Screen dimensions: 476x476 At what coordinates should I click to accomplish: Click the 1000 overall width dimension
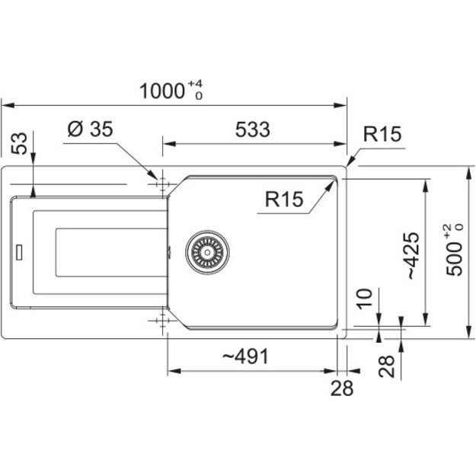(162, 91)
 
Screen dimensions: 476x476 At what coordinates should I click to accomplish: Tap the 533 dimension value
(253, 129)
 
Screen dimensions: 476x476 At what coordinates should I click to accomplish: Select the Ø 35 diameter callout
(90, 129)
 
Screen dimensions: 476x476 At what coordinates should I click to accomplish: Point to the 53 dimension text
(19, 144)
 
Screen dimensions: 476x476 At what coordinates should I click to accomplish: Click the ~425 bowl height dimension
(413, 256)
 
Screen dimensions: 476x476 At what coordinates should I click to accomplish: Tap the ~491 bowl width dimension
(245, 356)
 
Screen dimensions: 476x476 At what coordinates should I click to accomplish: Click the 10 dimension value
(364, 299)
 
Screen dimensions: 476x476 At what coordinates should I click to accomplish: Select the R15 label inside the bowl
(284, 200)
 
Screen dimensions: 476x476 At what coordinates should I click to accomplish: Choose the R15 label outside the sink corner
(382, 134)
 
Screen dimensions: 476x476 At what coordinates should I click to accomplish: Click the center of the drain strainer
(207, 252)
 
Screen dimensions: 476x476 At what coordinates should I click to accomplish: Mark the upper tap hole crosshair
(162, 184)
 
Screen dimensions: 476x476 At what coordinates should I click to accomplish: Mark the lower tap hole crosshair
(162, 321)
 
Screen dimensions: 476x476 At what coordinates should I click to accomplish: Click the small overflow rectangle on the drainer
(19, 252)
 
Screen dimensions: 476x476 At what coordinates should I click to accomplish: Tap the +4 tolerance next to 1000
(196, 84)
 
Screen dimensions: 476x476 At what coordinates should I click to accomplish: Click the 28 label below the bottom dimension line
(342, 388)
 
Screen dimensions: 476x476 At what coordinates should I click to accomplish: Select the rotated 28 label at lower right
(386, 366)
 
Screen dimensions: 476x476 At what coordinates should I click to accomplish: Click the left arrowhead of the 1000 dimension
(8, 106)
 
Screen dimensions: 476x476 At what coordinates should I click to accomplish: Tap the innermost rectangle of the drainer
(111, 253)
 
